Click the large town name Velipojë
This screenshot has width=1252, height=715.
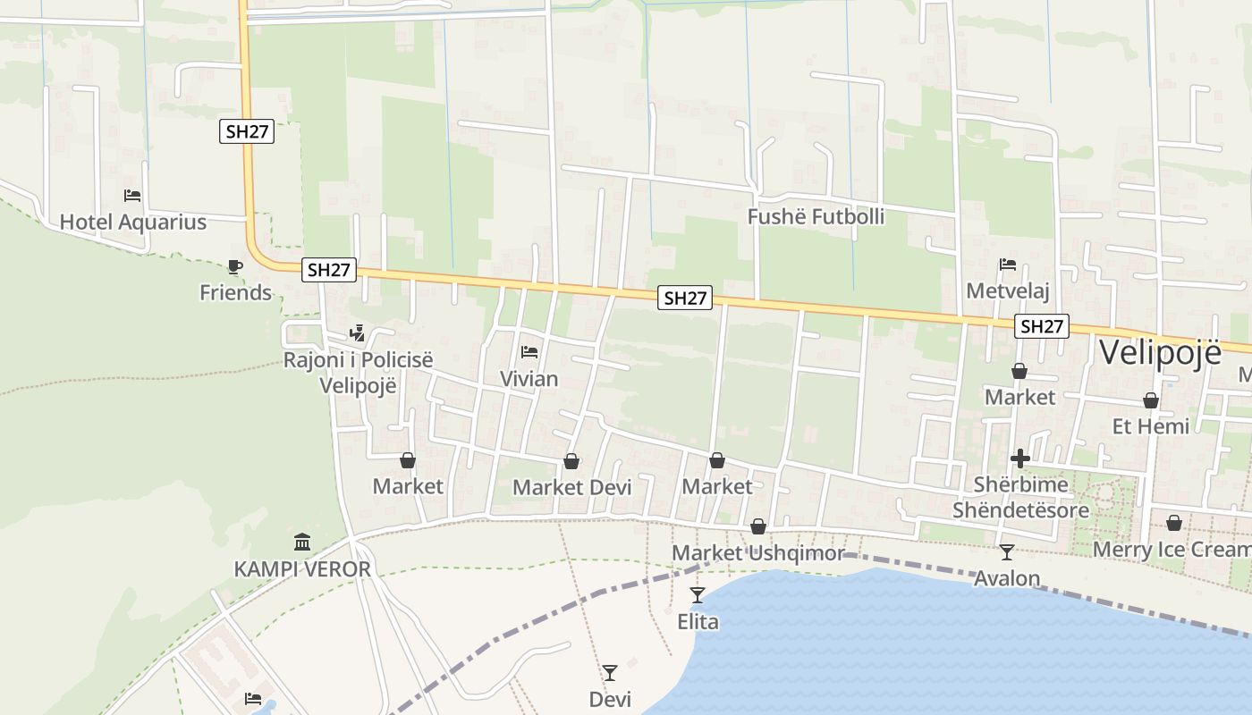(x=1160, y=352)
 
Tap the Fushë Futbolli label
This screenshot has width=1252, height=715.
(x=816, y=217)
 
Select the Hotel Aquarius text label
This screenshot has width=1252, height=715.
(x=133, y=223)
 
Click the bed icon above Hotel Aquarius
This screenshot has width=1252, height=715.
(x=132, y=195)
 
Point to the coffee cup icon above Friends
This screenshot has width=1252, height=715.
(x=235, y=266)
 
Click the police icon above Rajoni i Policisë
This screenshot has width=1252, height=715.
(x=358, y=333)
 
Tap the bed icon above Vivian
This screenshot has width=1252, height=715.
(x=529, y=352)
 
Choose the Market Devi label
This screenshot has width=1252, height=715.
(x=571, y=487)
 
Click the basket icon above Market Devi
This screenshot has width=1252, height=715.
(x=571, y=461)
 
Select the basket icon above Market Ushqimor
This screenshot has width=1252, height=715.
(x=758, y=526)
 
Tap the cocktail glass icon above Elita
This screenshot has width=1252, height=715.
(x=698, y=594)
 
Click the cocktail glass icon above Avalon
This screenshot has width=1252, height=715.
(x=1007, y=552)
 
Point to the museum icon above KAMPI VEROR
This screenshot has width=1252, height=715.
(x=302, y=542)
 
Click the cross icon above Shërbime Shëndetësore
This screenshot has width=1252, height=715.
(x=1020, y=458)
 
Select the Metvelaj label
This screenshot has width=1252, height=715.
(x=1008, y=291)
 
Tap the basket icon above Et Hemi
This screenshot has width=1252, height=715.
(x=1151, y=400)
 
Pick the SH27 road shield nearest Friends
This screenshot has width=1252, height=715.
(x=330, y=270)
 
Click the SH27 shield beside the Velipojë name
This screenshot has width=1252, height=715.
(x=1042, y=326)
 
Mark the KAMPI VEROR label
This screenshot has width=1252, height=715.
(x=302, y=569)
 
